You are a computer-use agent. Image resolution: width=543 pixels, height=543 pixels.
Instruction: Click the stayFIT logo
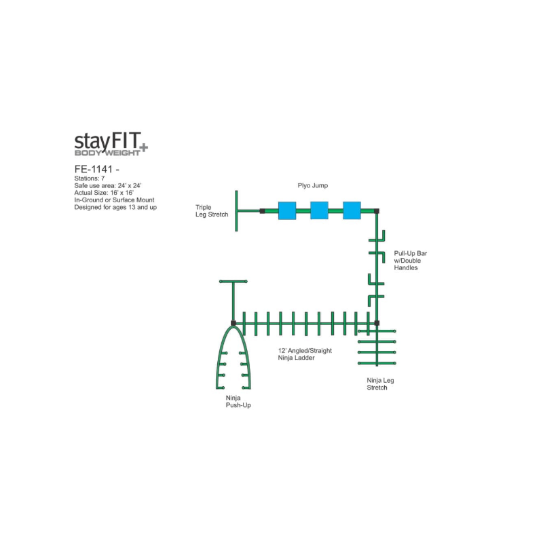point(111,144)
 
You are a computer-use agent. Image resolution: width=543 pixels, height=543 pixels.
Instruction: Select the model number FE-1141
point(94,169)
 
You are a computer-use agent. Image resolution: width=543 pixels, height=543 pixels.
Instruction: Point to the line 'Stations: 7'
point(90,179)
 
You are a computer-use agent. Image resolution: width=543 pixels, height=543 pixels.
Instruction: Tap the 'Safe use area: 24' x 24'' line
point(108,185)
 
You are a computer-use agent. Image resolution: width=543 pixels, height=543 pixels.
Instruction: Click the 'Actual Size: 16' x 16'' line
point(104,193)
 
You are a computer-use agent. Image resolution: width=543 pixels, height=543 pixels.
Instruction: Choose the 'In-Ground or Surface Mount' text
point(114,200)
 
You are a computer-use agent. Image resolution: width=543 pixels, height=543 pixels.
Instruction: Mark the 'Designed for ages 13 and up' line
point(115,207)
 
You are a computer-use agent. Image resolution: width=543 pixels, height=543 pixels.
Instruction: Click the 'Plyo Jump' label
point(313,185)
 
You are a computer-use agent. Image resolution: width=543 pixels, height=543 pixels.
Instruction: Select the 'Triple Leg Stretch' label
point(212,211)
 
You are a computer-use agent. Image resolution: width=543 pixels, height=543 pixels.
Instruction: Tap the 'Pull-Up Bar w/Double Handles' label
point(411,261)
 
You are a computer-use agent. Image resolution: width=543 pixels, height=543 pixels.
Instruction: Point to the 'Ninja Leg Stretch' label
point(380,383)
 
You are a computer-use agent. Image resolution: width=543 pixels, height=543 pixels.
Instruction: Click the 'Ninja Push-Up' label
point(238,401)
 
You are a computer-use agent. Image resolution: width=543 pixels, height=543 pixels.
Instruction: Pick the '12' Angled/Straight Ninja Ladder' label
point(305,354)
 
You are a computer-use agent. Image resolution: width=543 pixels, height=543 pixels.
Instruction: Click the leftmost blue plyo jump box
point(287,210)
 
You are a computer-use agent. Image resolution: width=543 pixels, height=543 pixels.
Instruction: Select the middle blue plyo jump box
point(319,210)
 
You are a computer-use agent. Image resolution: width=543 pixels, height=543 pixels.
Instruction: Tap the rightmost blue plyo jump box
point(352,210)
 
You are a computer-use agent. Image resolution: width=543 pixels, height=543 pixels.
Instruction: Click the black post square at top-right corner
point(377,211)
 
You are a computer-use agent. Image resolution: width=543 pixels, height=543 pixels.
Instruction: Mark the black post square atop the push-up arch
point(233,323)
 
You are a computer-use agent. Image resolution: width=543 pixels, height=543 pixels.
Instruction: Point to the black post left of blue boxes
point(262,211)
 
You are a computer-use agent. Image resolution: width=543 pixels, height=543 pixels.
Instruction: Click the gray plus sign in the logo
point(143,148)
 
